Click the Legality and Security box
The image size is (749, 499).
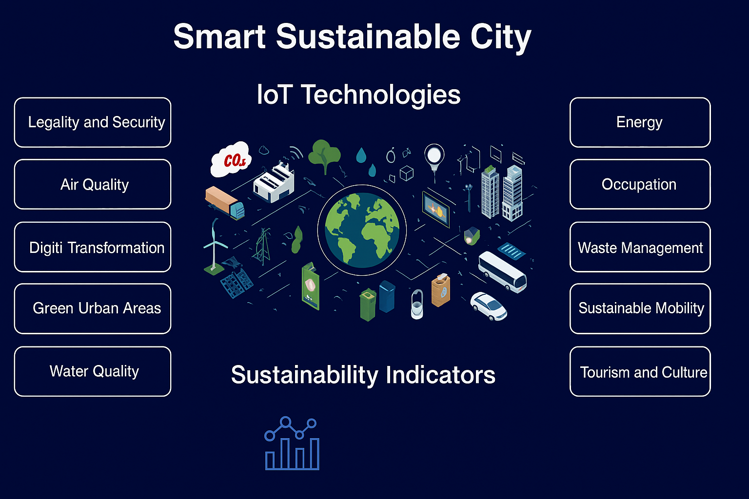[x=93, y=122]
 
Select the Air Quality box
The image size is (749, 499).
[x=93, y=184]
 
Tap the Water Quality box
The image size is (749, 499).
[x=93, y=371]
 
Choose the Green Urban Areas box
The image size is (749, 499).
[x=93, y=308]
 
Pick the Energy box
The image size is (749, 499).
[x=640, y=122]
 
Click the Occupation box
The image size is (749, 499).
[x=640, y=184]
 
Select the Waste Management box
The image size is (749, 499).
[x=640, y=247]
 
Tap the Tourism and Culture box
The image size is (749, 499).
[x=640, y=371]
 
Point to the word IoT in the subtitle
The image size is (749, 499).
[x=275, y=95]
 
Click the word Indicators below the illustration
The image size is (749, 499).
[x=440, y=375]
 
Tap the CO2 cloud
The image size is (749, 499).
[x=231, y=159]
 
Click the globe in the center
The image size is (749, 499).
[x=362, y=230]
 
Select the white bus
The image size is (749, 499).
[x=502, y=271]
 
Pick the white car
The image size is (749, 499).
[x=489, y=306]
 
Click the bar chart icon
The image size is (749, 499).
[x=292, y=443]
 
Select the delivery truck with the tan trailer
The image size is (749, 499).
[x=224, y=203]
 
